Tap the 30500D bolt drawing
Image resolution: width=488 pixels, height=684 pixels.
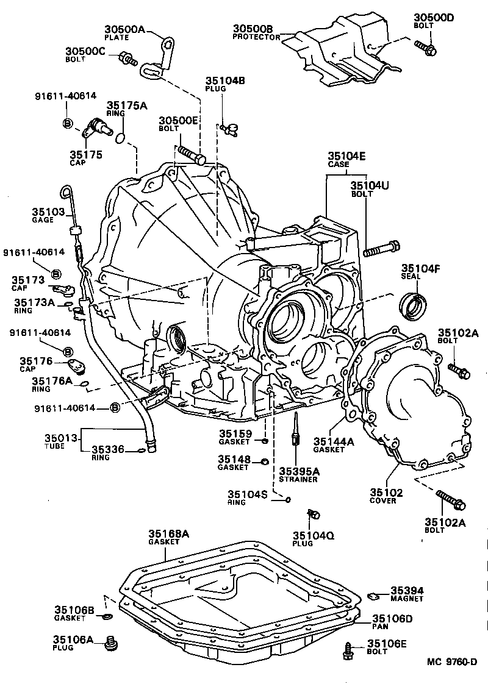coord(425,48)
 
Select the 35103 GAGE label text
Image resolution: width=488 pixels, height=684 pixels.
coord(48,215)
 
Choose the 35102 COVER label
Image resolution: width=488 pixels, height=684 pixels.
coord(383,496)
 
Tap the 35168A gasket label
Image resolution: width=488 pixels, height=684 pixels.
coord(168,537)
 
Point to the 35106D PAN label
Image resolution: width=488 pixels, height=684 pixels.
coord(392,622)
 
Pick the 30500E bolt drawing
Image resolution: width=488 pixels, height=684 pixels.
coord(192,152)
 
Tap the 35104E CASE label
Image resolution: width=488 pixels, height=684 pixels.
coord(346,159)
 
